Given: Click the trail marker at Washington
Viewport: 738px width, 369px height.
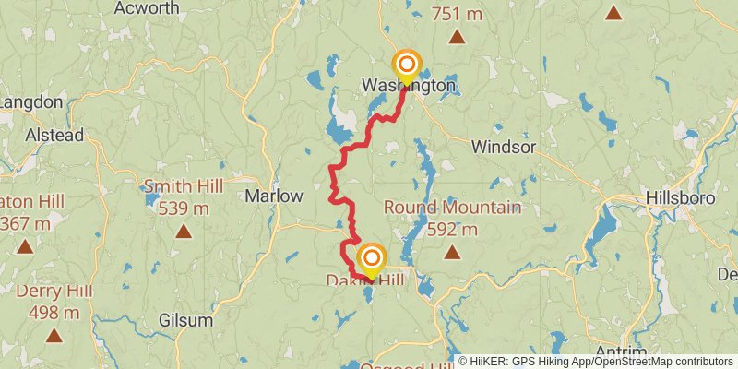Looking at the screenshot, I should tap(406, 66).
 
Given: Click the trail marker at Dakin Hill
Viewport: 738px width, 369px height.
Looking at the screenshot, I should tap(371, 260).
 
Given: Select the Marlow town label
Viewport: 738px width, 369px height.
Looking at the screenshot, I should tap(274, 196).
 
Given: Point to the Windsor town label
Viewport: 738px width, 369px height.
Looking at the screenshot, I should tap(503, 147).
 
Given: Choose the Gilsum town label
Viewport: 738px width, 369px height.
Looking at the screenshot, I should tap(184, 321).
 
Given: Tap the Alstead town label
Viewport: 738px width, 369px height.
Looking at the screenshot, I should tap(54, 135).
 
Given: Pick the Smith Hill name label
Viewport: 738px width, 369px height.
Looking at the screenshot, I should tap(184, 186).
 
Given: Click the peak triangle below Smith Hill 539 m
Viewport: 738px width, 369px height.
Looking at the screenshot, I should tap(184, 232).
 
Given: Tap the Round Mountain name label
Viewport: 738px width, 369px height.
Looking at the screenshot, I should tap(452, 208).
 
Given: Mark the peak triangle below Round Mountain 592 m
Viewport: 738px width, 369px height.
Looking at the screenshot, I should tap(452, 252).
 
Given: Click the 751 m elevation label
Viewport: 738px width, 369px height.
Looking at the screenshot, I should tap(457, 13).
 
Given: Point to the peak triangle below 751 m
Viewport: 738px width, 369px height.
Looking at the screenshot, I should tap(457, 38).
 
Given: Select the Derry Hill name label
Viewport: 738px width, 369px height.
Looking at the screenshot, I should tap(54, 292).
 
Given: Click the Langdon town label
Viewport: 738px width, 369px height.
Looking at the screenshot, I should tap(30, 101).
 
